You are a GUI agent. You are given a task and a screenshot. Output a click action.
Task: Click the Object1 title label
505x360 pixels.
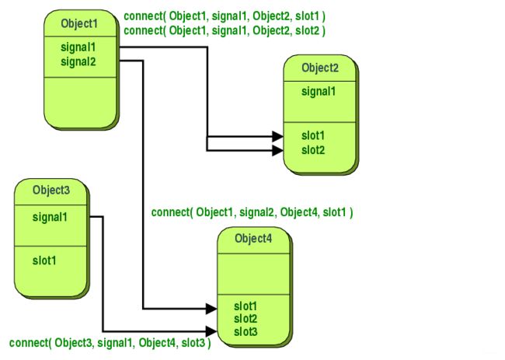(79, 24)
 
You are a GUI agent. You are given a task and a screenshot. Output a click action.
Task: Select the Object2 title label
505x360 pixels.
(320, 68)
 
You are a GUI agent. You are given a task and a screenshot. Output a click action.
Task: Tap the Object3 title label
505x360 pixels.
(51, 190)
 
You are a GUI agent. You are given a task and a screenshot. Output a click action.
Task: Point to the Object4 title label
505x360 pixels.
(253, 239)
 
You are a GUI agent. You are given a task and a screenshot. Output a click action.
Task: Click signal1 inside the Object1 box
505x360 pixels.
(78, 47)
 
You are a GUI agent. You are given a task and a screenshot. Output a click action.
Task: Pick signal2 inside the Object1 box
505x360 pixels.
(78, 61)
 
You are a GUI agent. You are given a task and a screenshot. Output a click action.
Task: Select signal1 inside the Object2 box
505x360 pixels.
(319, 92)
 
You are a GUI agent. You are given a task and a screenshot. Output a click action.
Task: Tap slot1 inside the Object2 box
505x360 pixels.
(313, 136)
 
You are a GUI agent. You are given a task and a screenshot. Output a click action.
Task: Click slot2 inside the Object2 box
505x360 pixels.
(313, 150)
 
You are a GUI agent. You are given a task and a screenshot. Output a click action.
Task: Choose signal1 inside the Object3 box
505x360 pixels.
(50, 217)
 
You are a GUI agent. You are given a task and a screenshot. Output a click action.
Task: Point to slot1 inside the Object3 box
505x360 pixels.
(44, 260)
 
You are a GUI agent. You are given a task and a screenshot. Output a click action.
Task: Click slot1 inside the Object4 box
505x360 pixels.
(246, 306)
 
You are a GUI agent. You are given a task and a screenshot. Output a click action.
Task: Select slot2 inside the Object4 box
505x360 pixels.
(246, 319)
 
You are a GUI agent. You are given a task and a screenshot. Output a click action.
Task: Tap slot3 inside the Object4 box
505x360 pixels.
(246, 332)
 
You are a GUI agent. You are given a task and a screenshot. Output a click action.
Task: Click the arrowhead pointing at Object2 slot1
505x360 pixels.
(277, 136)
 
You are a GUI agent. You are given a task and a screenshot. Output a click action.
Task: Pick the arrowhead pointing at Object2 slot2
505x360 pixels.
(277, 150)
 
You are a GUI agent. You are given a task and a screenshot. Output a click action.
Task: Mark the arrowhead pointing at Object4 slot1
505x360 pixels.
(211, 309)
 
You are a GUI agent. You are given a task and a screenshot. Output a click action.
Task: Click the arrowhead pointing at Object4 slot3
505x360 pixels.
(211, 331)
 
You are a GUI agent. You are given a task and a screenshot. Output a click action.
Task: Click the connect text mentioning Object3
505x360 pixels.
(110, 343)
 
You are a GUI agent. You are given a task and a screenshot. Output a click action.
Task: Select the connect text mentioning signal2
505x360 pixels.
(252, 212)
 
